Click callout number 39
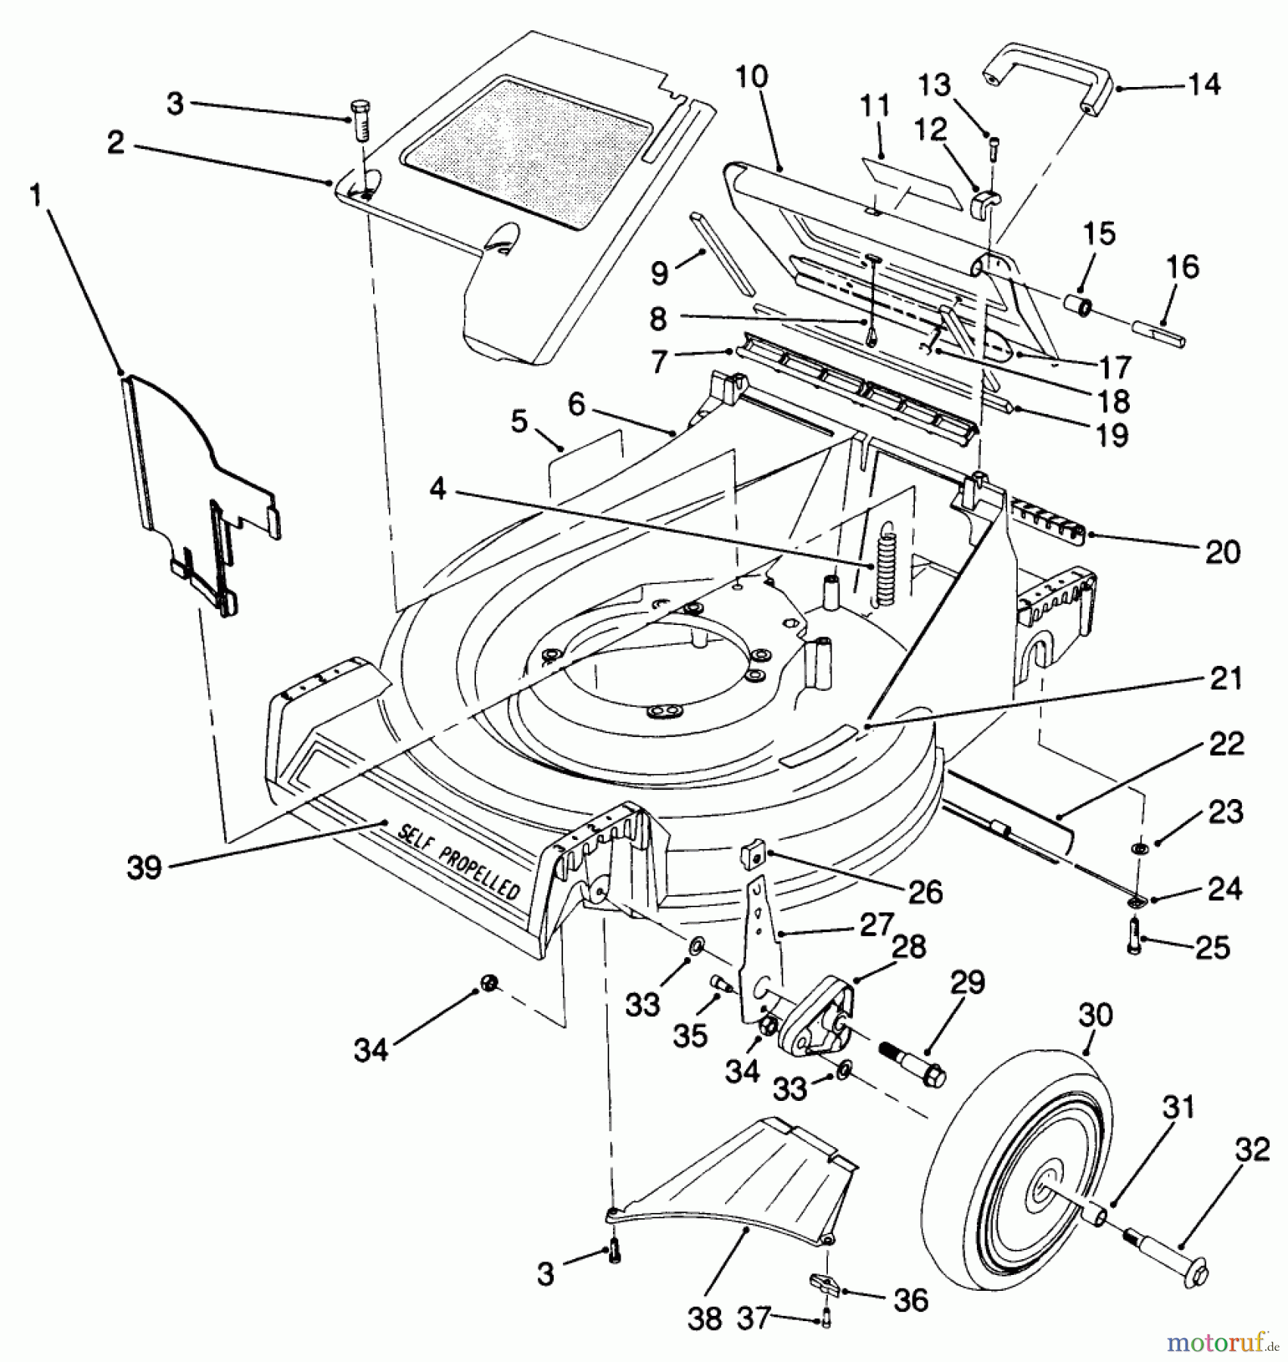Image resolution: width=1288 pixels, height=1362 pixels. point(144,867)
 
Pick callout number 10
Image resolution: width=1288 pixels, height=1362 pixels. point(751,77)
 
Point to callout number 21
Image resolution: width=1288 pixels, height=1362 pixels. point(1225,677)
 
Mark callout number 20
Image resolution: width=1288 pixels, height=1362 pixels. point(1224,552)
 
